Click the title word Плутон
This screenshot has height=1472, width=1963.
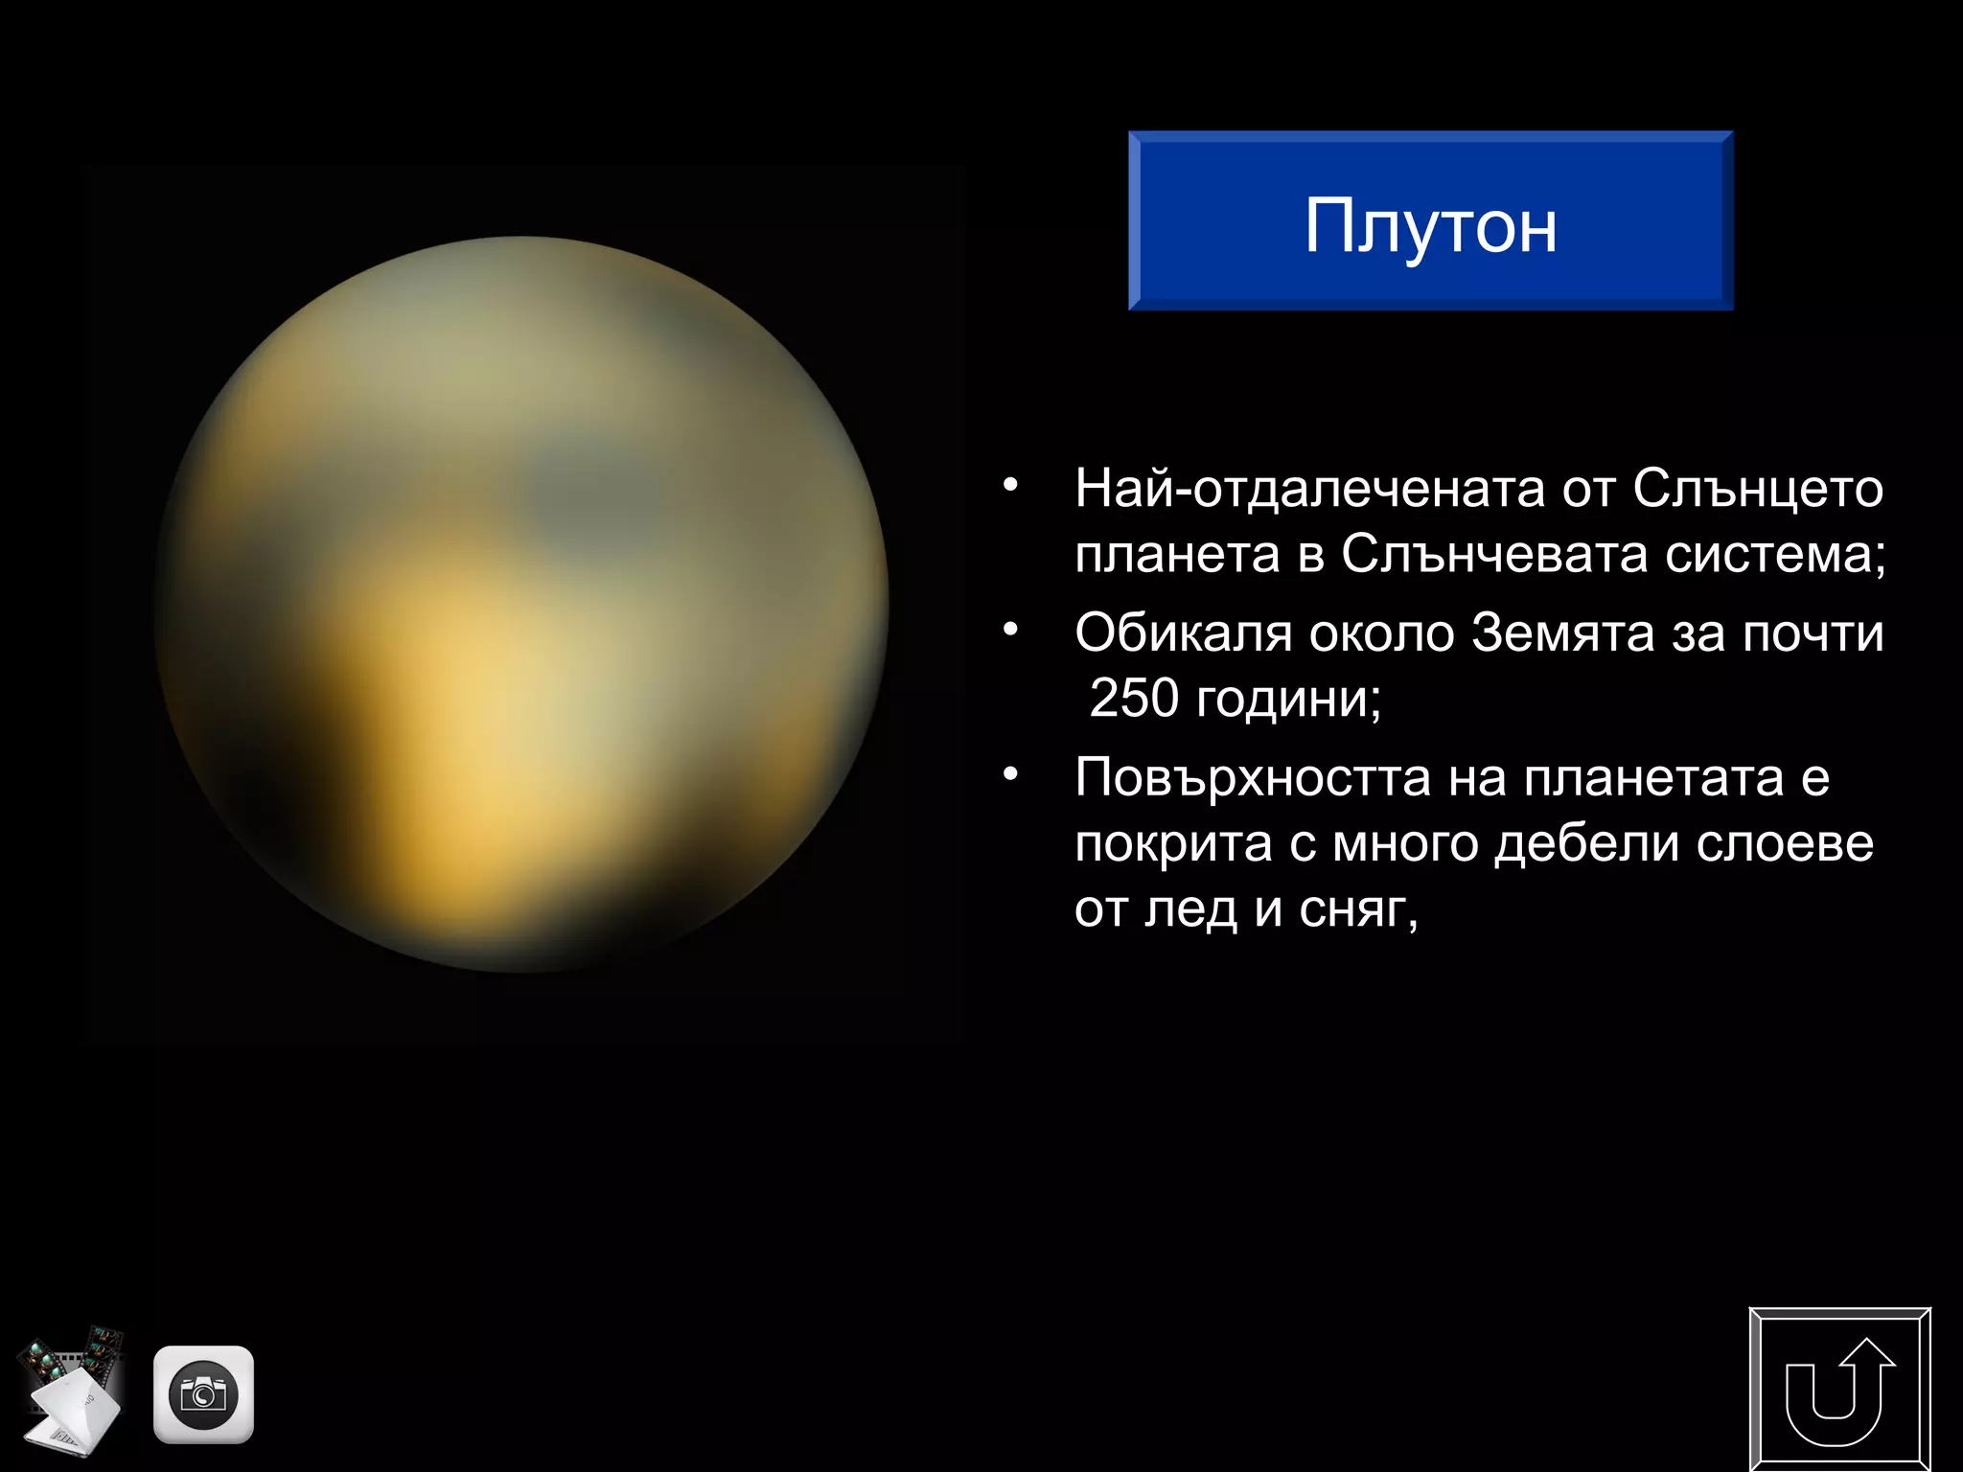click(x=1430, y=226)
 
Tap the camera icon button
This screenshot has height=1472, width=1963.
click(x=203, y=1394)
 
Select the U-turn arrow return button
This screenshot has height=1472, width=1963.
click(x=1839, y=1391)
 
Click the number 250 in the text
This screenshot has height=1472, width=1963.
click(x=1134, y=698)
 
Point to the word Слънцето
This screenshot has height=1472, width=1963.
click(x=1758, y=489)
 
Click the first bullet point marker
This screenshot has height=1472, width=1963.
click(x=1009, y=486)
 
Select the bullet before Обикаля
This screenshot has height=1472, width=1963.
click(x=1009, y=630)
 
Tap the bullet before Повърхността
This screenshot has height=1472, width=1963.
click(x=1009, y=773)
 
